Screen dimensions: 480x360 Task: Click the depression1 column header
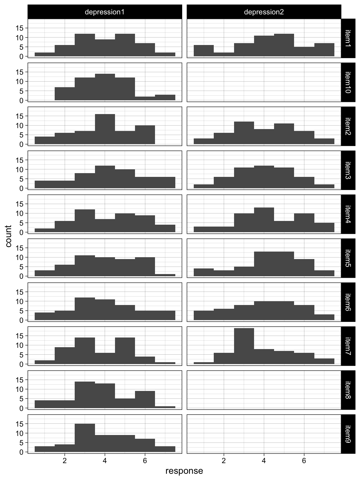[x=105, y=12]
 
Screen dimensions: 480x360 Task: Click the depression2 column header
[x=264, y=12]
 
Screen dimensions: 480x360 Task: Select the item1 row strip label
[x=348, y=38]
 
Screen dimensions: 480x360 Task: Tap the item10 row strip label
[x=348, y=82]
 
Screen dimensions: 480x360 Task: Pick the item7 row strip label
[x=348, y=346]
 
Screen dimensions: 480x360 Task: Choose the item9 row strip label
[x=348, y=434]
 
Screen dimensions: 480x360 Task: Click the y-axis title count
[x=8, y=236]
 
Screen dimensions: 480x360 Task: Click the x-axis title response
[x=184, y=471]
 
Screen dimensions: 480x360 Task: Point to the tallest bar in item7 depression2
[x=244, y=346]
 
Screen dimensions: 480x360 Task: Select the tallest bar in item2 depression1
[x=105, y=129]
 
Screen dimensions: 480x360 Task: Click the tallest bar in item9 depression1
[x=85, y=438]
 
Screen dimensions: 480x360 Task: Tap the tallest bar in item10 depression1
[x=105, y=87]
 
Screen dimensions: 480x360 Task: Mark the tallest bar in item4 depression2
[x=264, y=220]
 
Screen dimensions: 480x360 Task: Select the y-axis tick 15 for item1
[x=20, y=28]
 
